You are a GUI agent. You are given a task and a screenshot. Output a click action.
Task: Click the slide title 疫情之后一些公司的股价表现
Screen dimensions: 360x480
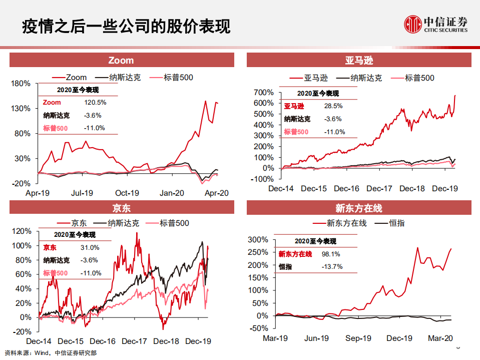click(x=126, y=26)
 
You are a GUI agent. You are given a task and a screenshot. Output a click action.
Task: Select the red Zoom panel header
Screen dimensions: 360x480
click(x=122, y=61)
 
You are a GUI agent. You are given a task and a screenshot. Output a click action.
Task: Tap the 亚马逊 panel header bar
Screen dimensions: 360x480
click(x=359, y=61)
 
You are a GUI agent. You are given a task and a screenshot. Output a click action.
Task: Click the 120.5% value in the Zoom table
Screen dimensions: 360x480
click(x=95, y=102)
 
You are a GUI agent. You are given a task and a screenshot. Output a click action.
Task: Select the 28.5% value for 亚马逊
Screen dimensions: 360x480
click(x=333, y=106)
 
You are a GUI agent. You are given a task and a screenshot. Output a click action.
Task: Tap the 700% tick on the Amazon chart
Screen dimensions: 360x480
click(x=263, y=93)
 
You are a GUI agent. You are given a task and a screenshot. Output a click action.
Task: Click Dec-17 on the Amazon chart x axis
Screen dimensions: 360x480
click(x=379, y=188)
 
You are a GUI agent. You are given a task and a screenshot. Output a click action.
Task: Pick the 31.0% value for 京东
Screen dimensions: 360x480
click(x=90, y=247)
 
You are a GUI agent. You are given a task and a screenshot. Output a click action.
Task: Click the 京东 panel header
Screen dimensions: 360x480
click(x=122, y=208)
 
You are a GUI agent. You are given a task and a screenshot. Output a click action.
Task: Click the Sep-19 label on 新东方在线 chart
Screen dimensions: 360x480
click(x=358, y=338)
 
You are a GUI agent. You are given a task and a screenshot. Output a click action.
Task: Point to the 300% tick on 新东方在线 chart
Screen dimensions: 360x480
click(x=259, y=240)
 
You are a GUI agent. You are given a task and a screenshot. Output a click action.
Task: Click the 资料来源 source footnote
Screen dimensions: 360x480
click(x=50, y=352)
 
